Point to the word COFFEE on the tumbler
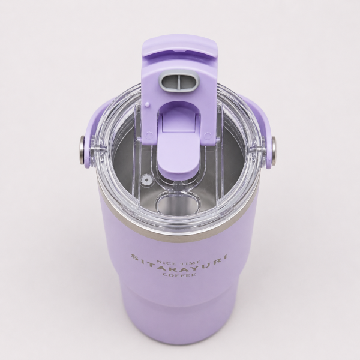(179, 275)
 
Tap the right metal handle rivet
(274, 151)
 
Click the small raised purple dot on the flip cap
(147, 104)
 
